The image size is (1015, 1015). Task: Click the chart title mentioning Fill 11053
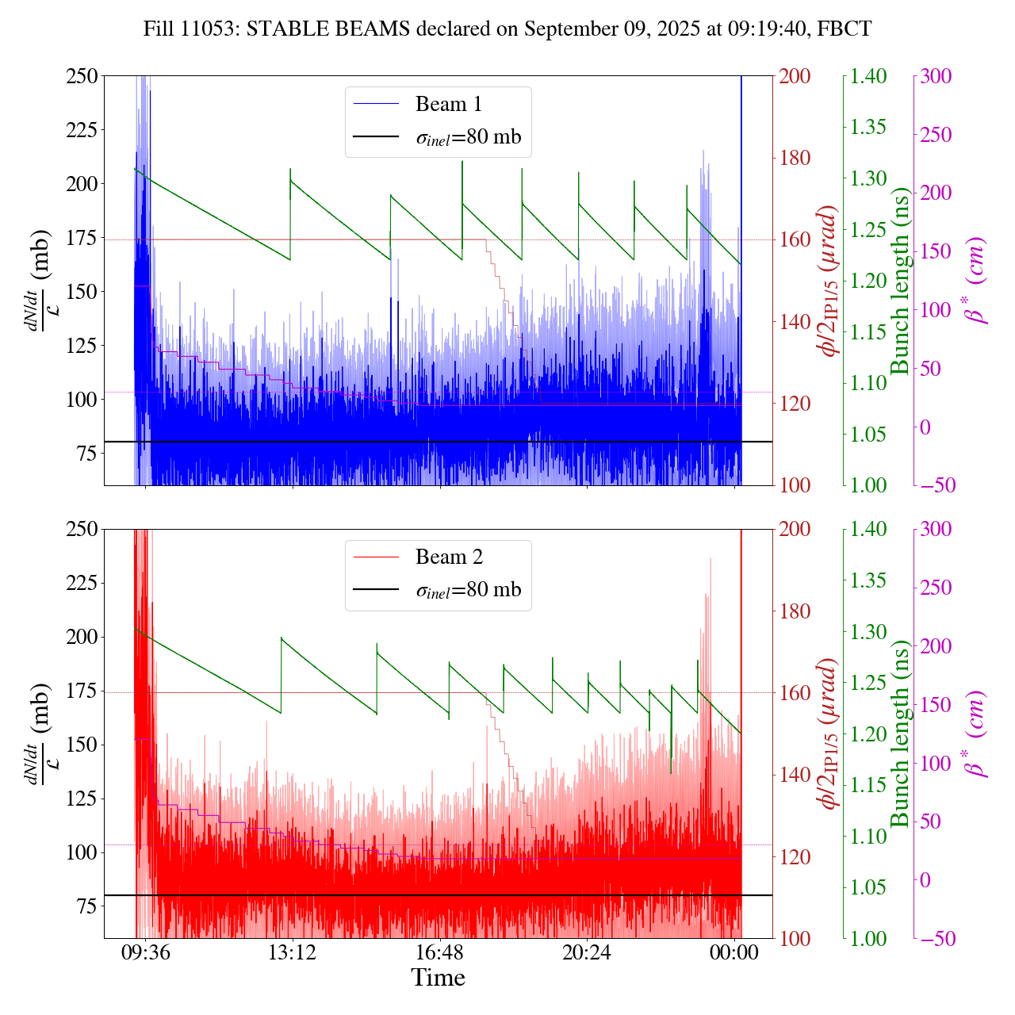pos(507,29)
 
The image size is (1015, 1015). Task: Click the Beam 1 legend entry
pos(448,104)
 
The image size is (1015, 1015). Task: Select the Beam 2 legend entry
pos(448,557)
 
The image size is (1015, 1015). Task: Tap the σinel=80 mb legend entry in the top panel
pos(469,137)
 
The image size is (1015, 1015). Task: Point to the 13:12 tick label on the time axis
pos(292,952)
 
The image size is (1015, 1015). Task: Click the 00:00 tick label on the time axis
pos(734,952)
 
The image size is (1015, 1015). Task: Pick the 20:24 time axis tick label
pos(587,952)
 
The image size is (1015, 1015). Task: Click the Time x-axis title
pos(438,978)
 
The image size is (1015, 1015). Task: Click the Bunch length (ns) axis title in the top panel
pos(899,281)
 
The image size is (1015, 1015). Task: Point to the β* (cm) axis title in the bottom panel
pos(977,734)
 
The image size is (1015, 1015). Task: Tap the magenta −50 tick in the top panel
pos(938,485)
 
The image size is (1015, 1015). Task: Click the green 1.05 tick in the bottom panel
pos(869,887)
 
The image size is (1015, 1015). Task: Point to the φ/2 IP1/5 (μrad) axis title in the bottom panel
pos(829,734)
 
